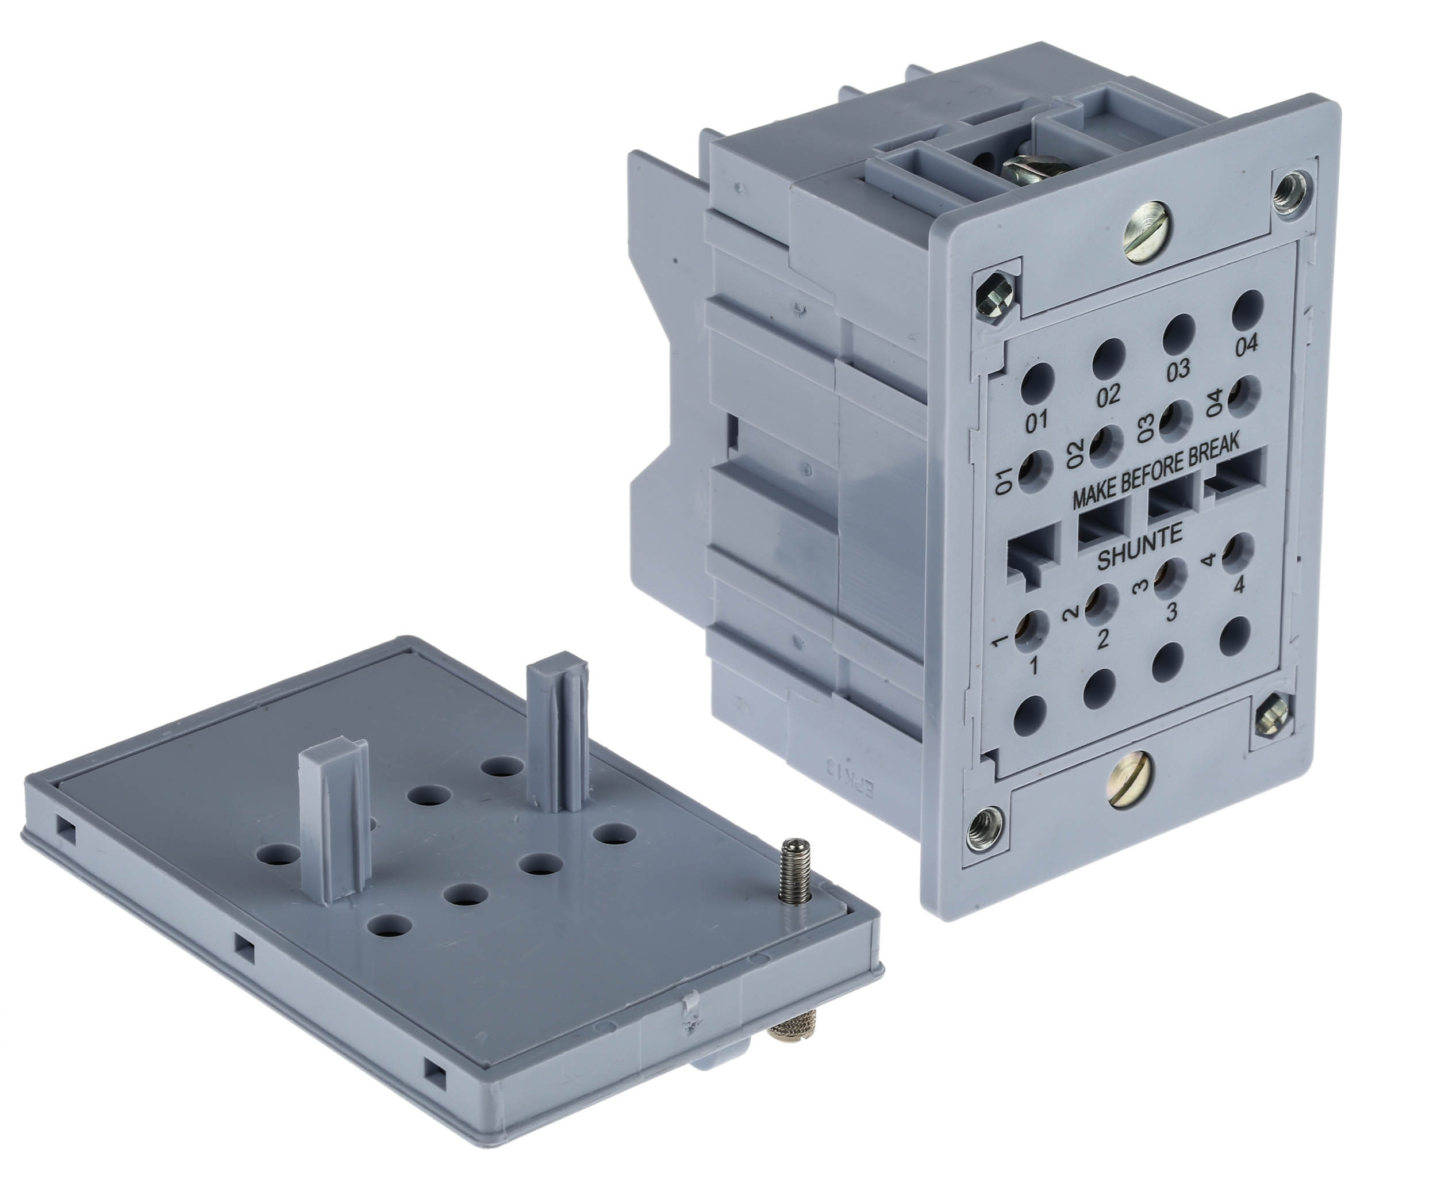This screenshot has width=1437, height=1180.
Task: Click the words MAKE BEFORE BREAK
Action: click(1155, 470)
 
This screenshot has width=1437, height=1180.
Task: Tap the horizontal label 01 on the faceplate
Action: click(1037, 422)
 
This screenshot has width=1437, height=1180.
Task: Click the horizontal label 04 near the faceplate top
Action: click(1246, 344)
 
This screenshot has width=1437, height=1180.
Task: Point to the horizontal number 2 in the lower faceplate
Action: click(1102, 638)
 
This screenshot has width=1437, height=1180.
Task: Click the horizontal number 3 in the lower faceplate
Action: click(1171, 612)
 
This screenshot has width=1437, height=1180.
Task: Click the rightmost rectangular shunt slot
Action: click(1235, 474)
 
